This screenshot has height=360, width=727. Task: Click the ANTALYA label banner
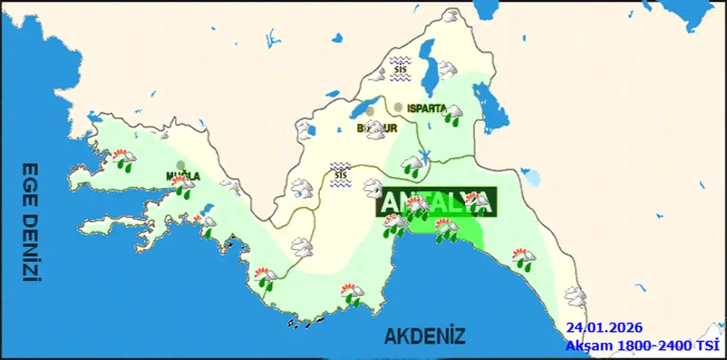(436, 202)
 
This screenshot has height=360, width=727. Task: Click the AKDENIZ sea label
(425, 336)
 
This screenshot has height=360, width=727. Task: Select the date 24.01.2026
(604, 328)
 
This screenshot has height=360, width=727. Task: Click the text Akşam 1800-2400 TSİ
(642, 345)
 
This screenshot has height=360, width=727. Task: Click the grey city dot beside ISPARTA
(398, 107)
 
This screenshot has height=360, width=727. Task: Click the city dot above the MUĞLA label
(181, 165)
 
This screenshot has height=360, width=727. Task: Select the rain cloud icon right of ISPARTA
(453, 114)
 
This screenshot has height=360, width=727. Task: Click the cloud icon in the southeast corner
(575, 296)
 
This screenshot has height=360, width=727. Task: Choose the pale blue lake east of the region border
(532, 177)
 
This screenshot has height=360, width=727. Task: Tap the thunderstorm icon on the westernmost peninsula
(124, 158)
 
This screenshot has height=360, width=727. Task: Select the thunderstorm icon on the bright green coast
(446, 230)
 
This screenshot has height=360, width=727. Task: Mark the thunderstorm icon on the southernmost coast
(353, 294)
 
